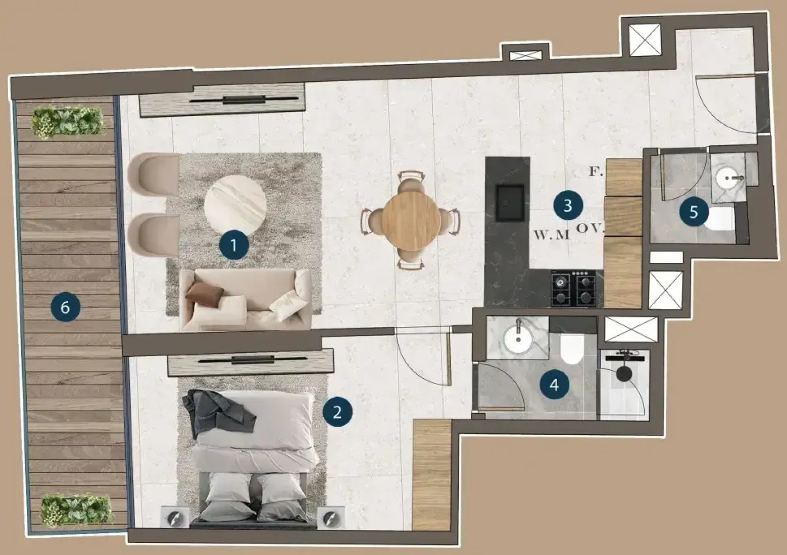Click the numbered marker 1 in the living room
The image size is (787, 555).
[x=234, y=245]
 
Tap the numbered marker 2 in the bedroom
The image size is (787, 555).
[x=337, y=412]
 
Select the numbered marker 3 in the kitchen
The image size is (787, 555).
[x=568, y=205]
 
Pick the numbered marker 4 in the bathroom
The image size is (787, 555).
[x=555, y=384]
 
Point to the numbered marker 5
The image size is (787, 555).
[x=694, y=211]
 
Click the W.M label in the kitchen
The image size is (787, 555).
[x=552, y=235]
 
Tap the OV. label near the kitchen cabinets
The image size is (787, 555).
[x=590, y=229]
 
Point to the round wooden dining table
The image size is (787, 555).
[x=411, y=221]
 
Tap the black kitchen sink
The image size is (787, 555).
[x=510, y=203]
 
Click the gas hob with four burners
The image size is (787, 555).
[x=573, y=288]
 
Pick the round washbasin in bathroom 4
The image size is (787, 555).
[x=518, y=339]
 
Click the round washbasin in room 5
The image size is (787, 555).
[x=727, y=178]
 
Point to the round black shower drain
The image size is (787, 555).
[x=624, y=374]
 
